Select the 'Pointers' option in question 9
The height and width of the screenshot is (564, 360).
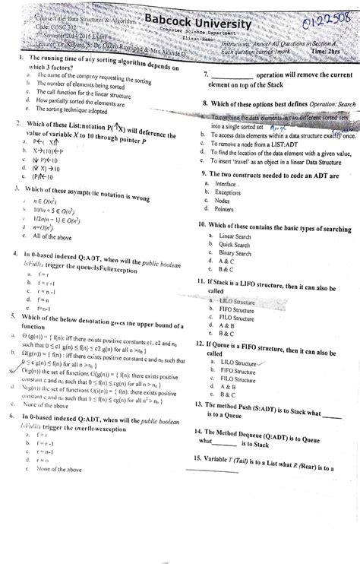[224, 209]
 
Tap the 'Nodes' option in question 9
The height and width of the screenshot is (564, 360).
[223, 201]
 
